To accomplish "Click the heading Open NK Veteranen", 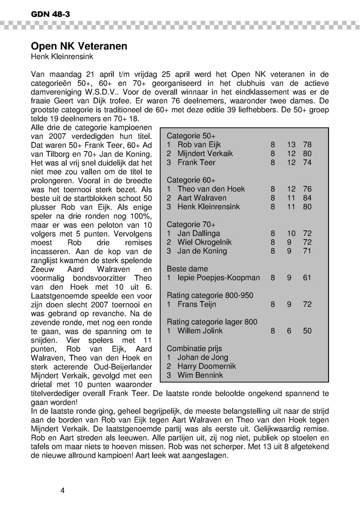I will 79,46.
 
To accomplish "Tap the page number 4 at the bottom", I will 63,490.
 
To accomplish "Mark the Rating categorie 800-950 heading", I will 210,295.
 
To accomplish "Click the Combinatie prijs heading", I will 194,349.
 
